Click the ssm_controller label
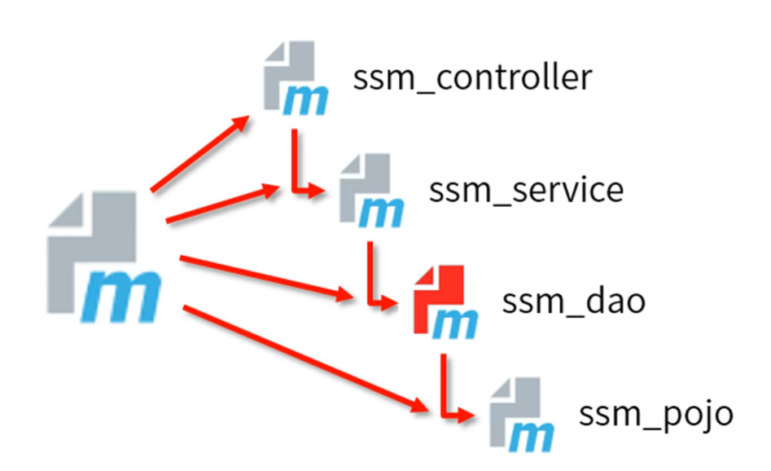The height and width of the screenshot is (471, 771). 471,80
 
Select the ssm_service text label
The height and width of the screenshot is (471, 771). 526,190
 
